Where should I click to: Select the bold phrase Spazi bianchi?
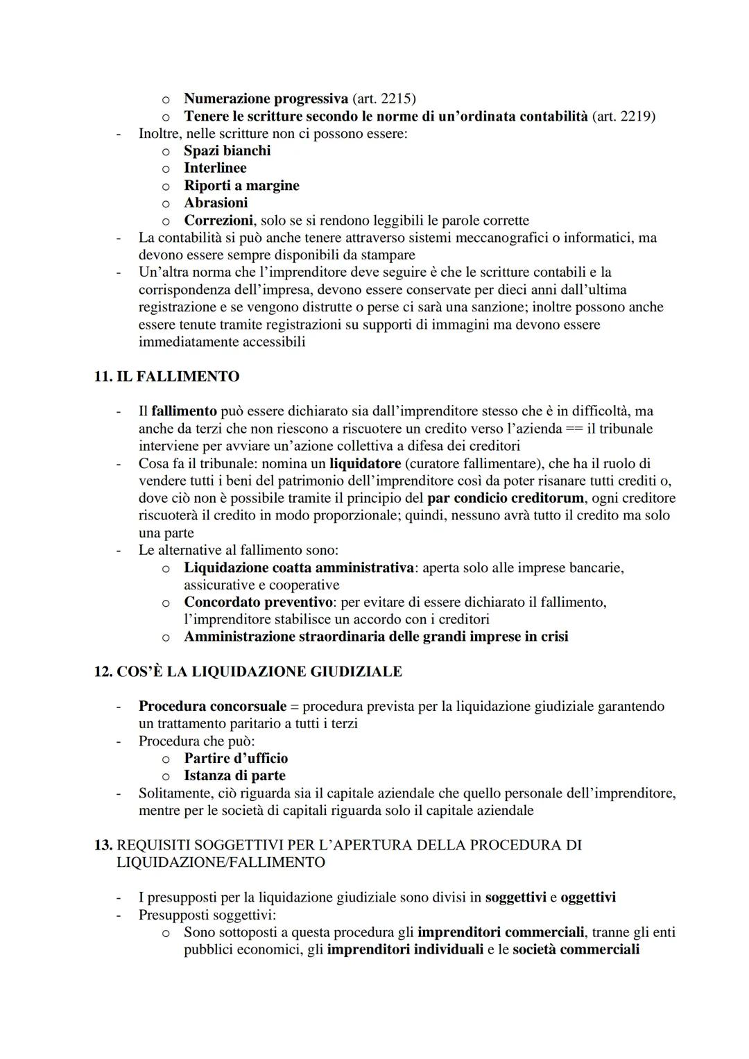tap(227, 150)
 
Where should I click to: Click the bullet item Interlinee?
tap(215, 168)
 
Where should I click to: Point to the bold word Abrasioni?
tap(216, 203)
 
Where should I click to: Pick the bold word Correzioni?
tap(218, 221)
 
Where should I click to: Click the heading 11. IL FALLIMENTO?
tap(166, 377)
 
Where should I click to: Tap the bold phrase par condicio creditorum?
tap(505, 498)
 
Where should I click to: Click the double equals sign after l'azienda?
tap(574, 429)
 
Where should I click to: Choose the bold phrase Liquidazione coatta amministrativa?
tap(298, 568)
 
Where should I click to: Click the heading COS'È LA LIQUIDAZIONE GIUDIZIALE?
tap(259, 671)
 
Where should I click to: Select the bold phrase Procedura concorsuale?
tap(212, 706)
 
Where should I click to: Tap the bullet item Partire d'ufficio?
tap(236, 758)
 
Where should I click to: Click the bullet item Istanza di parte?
tap(234, 775)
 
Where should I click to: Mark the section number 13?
tap(103, 845)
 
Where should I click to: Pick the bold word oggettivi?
tap(588, 897)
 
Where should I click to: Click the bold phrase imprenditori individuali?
tap(405, 949)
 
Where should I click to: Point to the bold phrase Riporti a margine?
tap(241, 185)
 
